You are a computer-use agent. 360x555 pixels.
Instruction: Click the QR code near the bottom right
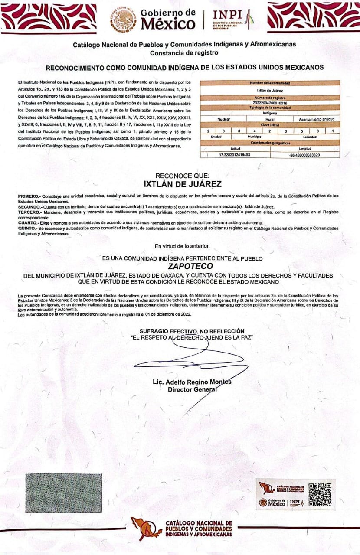pyautogui.click(x=320, y=494)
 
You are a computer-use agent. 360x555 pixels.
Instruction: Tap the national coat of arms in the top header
pyautogui.click(x=123, y=19)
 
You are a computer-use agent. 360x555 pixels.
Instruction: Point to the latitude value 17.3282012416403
pyautogui.click(x=235, y=154)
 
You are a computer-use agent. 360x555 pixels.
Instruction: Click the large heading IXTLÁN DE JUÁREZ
pyautogui.click(x=183, y=184)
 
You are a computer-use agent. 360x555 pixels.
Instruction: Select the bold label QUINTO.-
pyautogui.click(x=27, y=228)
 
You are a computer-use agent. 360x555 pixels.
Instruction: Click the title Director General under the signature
pyautogui.click(x=192, y=389)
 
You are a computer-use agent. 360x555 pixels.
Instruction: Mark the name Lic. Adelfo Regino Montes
pyautogui.click(x=192, y=382)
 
